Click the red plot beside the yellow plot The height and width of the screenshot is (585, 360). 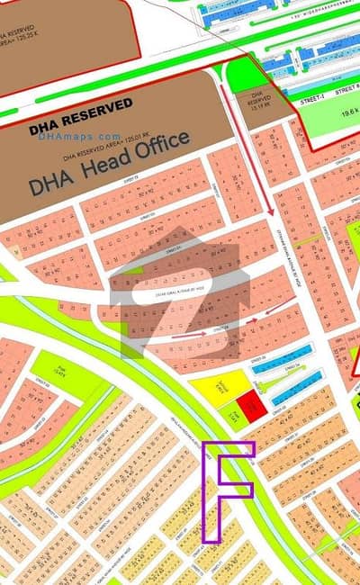(253, 406)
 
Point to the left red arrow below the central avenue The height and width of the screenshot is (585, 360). (188, 335)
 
